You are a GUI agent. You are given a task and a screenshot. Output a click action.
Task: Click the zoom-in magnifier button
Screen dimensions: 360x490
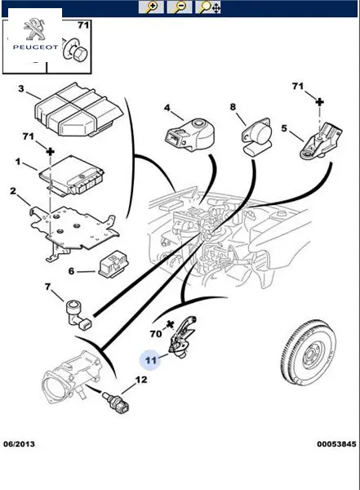(151, 7)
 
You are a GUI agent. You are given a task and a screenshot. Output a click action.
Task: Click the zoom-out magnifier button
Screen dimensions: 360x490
(180, 7)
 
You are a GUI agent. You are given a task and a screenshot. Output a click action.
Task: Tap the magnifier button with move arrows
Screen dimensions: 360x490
(208, 7)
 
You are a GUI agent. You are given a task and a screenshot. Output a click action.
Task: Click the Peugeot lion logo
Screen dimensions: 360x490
(34, 29)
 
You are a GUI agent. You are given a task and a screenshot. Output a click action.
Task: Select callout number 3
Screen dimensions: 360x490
(20, 89)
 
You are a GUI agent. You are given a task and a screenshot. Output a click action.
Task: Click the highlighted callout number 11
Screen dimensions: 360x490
(151, 360)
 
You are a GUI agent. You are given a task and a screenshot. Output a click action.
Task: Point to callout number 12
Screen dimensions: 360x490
(141, 380)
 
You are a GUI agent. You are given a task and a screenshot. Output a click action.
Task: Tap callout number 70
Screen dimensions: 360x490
(156, 334)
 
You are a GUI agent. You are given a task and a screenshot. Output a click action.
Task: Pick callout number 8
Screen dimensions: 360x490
(233, 107)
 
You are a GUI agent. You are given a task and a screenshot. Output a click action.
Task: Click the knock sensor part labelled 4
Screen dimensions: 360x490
(189, 135)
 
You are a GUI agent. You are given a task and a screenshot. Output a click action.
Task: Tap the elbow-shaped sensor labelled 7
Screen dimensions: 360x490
(78, 314)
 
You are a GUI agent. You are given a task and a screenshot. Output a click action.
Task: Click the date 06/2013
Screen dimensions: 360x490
(19, 443)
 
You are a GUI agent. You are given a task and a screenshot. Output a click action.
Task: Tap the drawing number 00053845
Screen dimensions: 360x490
(336, 443)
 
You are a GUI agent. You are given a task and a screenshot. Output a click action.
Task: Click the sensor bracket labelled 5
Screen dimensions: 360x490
(321, 140)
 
